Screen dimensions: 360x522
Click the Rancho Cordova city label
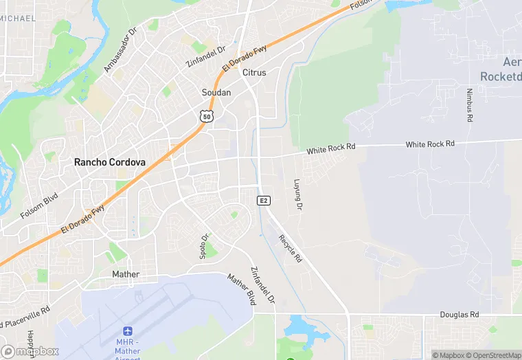[x=109, y=163]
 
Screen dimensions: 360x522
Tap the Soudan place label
[x=216, y=92]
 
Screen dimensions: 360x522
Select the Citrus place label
[x=253, y=72]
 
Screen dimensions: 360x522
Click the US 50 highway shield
[x=206, y=116]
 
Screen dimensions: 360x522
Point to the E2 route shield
[x=263, y=200]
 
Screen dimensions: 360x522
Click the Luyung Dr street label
[x=298, y=195]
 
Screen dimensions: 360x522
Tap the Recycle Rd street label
[x=290, y=248]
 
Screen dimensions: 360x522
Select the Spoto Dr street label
[x=204, y=246]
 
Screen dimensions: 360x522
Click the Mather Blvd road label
[x=242, y=289]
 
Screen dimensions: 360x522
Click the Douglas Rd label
[x=459, y=314]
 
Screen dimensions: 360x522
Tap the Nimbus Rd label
[x=470, y=105]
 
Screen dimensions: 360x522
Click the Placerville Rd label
[x=26, y=317]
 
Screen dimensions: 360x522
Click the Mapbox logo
[x=29, y=351]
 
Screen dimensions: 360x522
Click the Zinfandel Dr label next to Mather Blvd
[x=262, y=285]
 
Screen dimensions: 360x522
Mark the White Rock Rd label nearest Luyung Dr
[x=331, y=148]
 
